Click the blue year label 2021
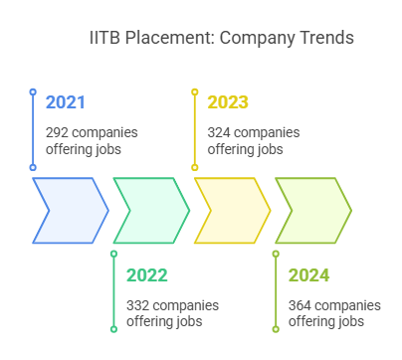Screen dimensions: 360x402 pos(66,102)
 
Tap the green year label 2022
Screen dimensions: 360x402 pos(146,275)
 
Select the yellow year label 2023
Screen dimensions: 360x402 pos(228,102)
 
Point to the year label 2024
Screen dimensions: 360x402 pos(308,275)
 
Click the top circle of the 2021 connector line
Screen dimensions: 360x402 pos(32,92)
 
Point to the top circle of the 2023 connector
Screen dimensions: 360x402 pos(194,92)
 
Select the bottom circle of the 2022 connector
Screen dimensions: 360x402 pos(113,328)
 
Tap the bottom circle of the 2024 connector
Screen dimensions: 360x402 pos(276,328)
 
